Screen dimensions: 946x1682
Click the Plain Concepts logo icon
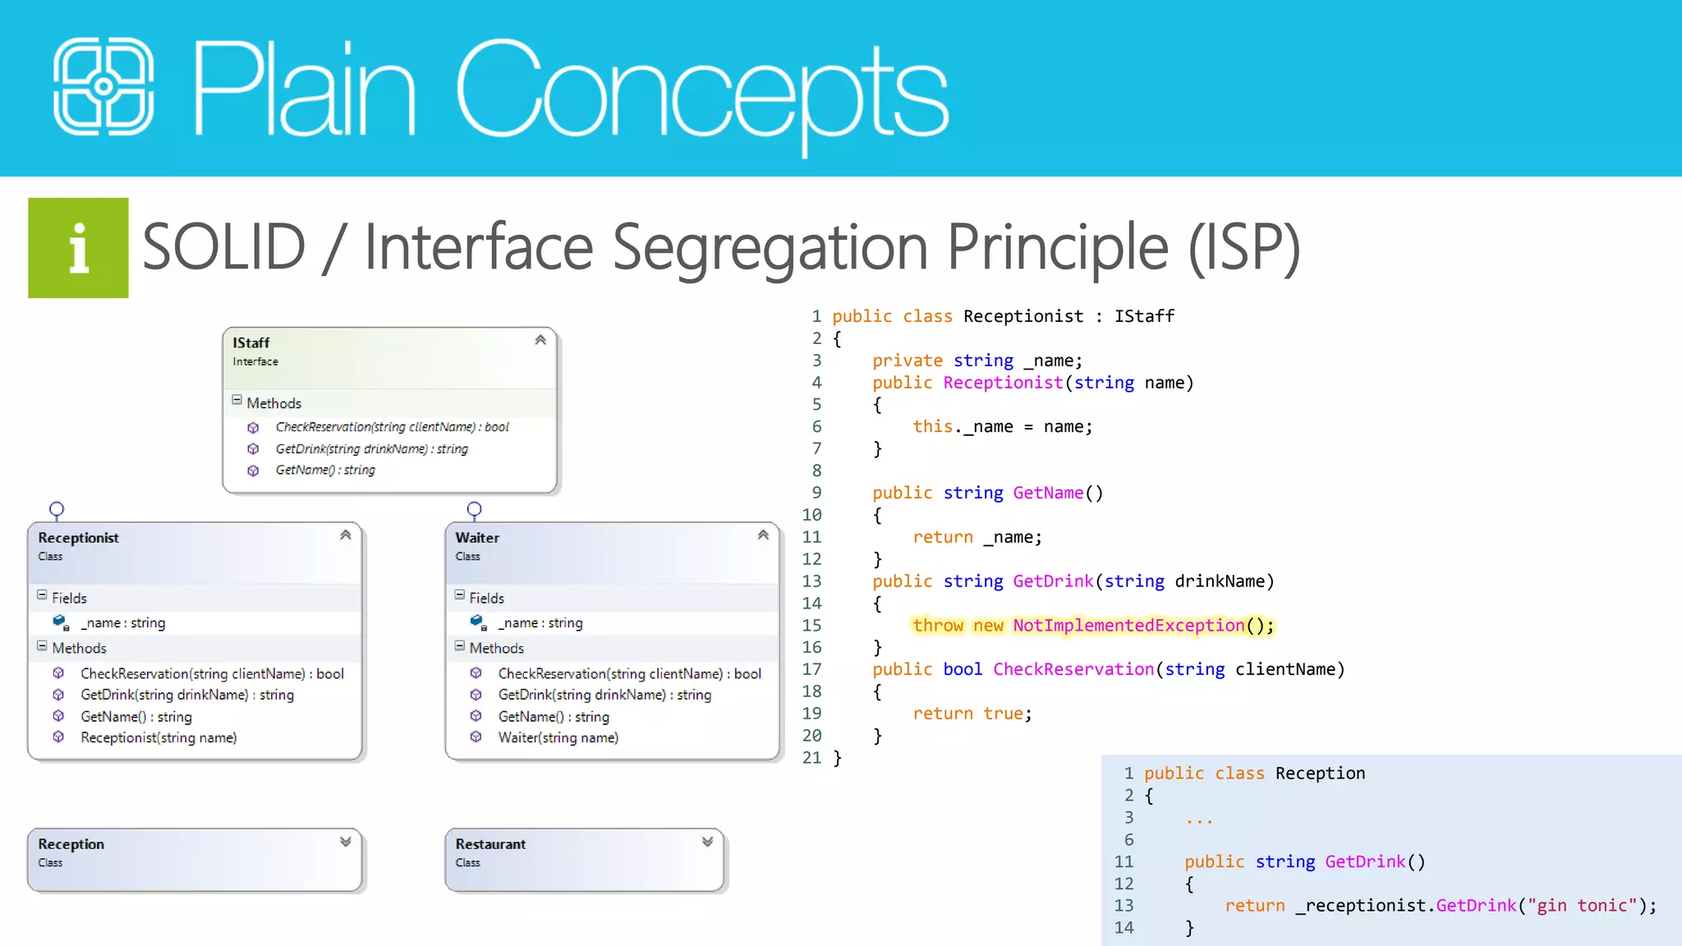click(x=103, y=86)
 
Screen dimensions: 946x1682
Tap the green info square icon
click(x=78, y=248)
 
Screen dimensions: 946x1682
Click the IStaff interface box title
click(x=250, y=342)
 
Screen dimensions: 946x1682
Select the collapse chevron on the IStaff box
click(x=540, y=340)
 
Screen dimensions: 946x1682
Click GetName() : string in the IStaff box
click(x=325, y=470)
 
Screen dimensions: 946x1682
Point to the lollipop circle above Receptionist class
click(x=57, y=509)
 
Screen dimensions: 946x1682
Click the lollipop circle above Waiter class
click(x=474, y=509)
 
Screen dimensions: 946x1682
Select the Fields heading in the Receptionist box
click(x=69, y=598)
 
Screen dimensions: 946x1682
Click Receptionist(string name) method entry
click(x=159, y=737)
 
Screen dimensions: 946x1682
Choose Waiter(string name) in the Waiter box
click(x=558, y=737)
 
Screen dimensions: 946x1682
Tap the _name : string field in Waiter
click(x=540, y=622)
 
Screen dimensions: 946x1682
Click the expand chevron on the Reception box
click(x=346, y=842)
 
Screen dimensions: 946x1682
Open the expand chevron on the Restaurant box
click(x=708, y=842)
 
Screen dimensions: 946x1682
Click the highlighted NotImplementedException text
click(x=1128, y=626)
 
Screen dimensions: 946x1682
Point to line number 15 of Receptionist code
click(x=811, y=626)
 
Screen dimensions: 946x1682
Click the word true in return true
click(x=1003, y=714)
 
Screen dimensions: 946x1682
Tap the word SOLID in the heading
click(x=223, y=246)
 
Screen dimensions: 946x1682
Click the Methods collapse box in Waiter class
click(x=460, y=646)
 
